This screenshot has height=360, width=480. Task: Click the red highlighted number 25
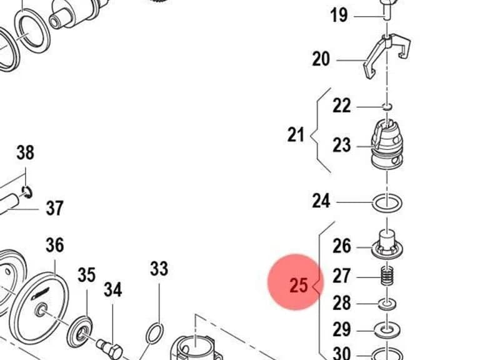click(299, 285)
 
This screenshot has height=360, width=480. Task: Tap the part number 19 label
click(339, 15)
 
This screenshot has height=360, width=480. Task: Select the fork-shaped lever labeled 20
click(387, 56)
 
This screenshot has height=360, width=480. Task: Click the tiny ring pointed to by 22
click(387, 106)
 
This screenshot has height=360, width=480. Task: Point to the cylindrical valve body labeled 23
click(387, 143)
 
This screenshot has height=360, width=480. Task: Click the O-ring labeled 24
click(387, 203)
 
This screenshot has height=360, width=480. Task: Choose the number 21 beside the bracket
click(296, 134)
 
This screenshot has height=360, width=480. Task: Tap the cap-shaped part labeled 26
click(387, 244)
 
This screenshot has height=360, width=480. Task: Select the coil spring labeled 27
click(387, 276)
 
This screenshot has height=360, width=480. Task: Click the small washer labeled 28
click(387, 304)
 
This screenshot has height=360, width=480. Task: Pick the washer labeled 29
click(387, 331)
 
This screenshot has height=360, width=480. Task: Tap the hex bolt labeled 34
click(109, 349)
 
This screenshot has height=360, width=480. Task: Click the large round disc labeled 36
click(39, 310)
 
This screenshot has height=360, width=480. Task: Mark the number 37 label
click(54, 208)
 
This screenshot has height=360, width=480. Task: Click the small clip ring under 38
click(27, 192)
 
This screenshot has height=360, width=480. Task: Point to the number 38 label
click(25, 152)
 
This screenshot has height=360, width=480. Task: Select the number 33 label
click(159, 269)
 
